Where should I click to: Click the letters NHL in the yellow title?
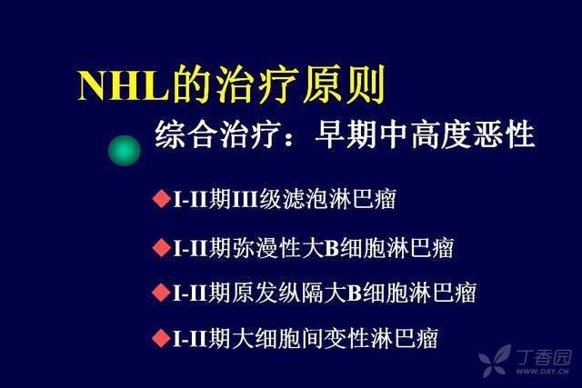pos(123,85)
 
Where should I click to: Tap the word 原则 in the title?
pos(345,85)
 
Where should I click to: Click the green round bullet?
pos(125,150)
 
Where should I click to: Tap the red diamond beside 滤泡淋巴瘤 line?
pos(161,198)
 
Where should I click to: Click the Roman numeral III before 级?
pos(245,199)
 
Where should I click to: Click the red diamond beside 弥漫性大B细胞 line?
pos(161,247)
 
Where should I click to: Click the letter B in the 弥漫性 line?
pos(333,248)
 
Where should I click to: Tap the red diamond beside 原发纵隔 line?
pos(161,292)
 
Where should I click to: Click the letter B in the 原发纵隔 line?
pos(355,293)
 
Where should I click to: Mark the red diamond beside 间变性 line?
pos(161,338)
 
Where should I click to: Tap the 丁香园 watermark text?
pos(544,357)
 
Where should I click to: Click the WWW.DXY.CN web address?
pos(543,372)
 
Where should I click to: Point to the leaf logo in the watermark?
pos(495,361)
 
